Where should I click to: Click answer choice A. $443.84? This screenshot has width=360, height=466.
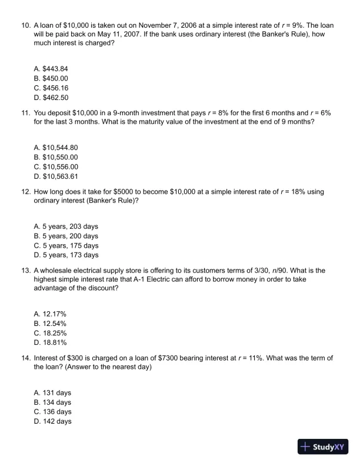pos(51,68)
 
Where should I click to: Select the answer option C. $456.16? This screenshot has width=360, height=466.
pos(51,88)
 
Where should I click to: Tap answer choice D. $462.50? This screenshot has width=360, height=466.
pos(51,98)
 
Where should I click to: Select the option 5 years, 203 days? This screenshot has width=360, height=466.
pos(66,226)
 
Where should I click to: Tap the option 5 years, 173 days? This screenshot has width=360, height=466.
pos(66,255)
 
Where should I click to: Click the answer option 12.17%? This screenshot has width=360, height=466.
pos(51,314)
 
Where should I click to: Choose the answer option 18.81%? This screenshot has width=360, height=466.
pos(51,342)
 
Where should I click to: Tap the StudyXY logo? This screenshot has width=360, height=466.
pos(325,447)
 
